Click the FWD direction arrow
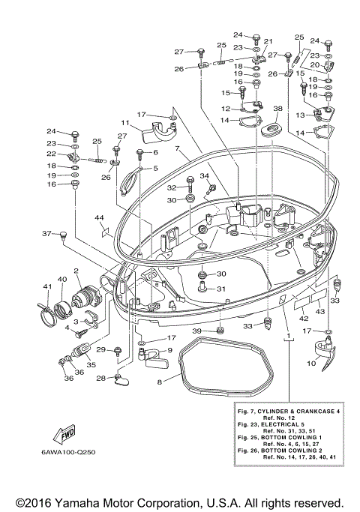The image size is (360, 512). coord(64,435)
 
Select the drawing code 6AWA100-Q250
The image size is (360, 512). coord(68,452)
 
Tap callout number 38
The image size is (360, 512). coord(277,109)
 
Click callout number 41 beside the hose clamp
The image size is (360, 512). coord(47,286)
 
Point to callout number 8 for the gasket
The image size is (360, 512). coord(160,382)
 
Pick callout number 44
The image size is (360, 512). coord(99,217)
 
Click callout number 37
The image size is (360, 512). coord(46,233)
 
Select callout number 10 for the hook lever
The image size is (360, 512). coord(311,363)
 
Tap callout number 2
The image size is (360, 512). coord(76,271)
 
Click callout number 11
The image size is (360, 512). coord(125,123)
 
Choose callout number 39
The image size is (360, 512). coord(196,331)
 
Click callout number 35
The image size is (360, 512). coord(91,364)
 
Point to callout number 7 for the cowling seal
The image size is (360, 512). coord(177,148)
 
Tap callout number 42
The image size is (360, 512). coord(304,319)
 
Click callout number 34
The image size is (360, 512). coord(205,176)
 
